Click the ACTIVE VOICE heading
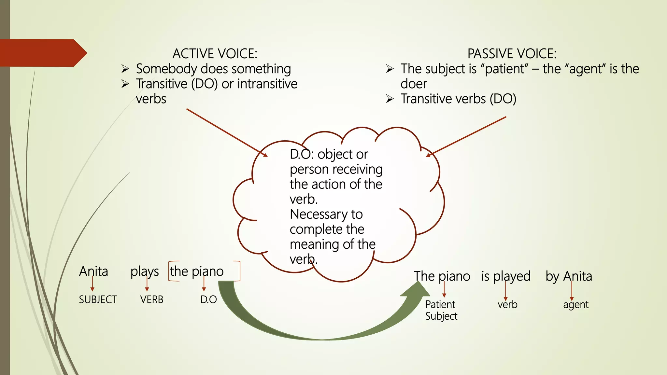(215, 54)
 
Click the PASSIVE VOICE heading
(512, 54)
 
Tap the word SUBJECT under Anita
(98, 299)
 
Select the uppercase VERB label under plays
(152, 299)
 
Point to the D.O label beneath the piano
(208, 299)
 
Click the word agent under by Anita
(575, 305)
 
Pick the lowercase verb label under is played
(507, 305)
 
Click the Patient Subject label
(441, 310)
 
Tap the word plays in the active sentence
(145, 271)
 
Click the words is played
(506, 276)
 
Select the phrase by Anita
(569, 276)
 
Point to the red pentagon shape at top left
(42, 53)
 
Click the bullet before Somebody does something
(125, 69)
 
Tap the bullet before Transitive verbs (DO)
(390, 99)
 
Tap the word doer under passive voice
(413, 84)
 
